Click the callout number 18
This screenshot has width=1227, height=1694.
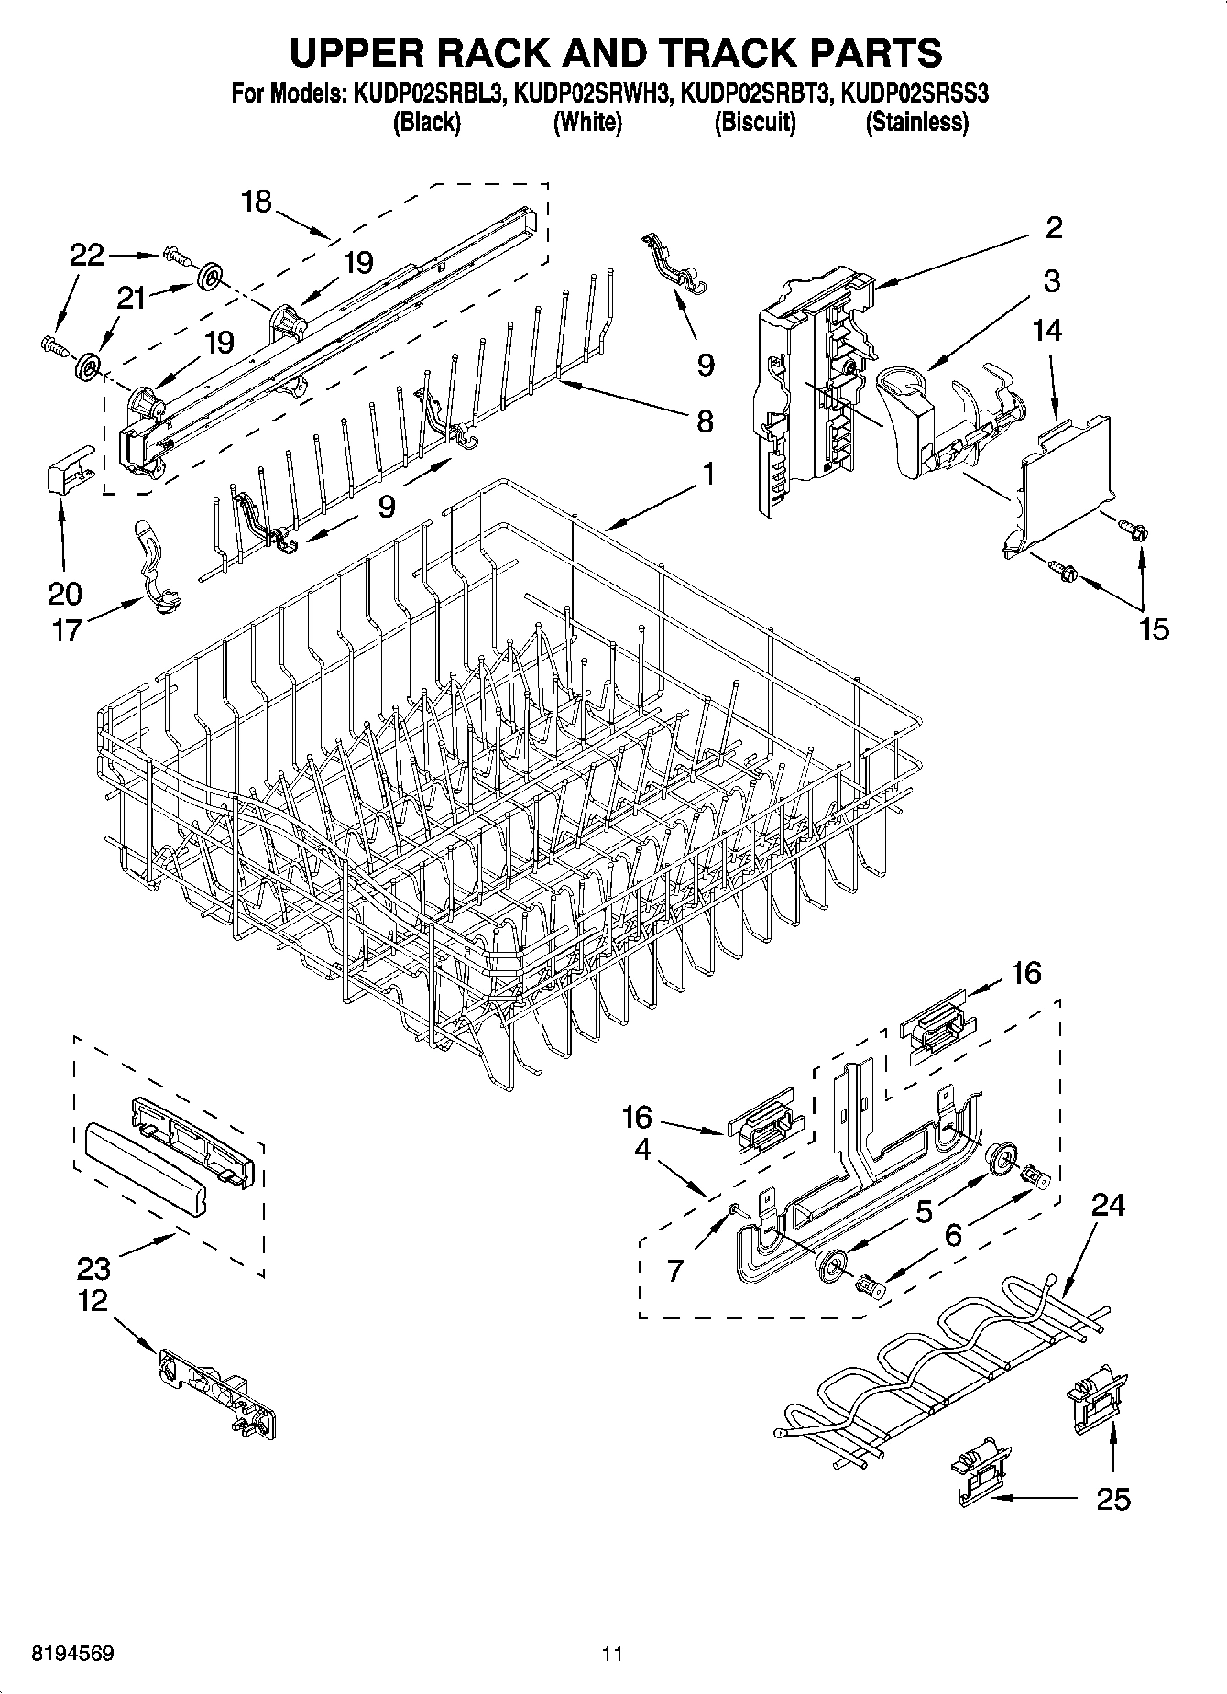point(257,202)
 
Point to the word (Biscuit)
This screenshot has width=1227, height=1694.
point(754,122)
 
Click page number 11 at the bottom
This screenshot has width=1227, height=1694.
point(612,1654)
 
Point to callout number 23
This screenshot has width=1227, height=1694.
point(93,1268)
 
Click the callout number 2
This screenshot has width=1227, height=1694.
point(1054,227)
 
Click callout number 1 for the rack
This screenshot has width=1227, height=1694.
point(708,475)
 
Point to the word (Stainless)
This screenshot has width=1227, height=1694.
point(916,122)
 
